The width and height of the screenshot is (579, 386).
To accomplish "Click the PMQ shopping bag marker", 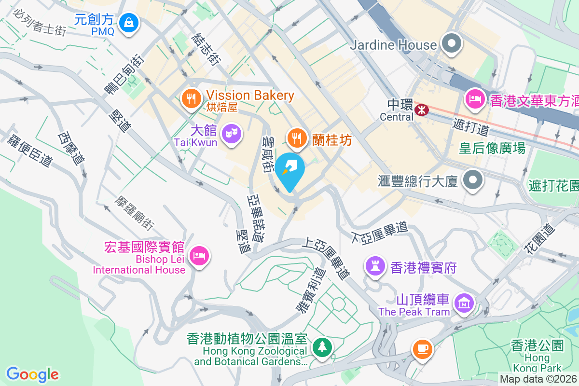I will [x=129, y=22].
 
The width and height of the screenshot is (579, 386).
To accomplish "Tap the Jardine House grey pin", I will [x=452, y=44].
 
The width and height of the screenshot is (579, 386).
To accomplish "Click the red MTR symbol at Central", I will [x=422, y=110].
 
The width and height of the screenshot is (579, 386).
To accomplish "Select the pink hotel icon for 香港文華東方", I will [x=475, y=99].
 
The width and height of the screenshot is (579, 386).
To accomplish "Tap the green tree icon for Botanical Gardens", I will [x=321, y=347].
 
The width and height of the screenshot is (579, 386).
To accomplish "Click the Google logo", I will [x=32, y=374].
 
